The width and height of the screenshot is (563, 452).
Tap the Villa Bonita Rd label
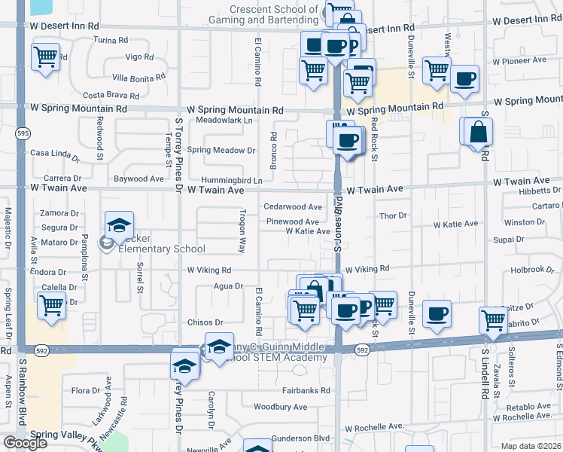(139, 78)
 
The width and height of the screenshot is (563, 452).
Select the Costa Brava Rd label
(111, 96)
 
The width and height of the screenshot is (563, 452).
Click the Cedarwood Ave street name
(293, 207)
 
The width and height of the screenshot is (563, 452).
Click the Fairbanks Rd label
(306, 391)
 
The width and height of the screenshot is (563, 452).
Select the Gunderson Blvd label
(301, 438)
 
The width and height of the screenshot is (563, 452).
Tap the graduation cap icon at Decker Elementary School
(118, 224)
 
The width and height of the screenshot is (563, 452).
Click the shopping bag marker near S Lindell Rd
(478, 133)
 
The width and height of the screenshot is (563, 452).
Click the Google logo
(26, 443)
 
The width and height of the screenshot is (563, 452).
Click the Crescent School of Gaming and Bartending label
(274, 14)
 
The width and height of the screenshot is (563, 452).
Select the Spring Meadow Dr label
(221, 150)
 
